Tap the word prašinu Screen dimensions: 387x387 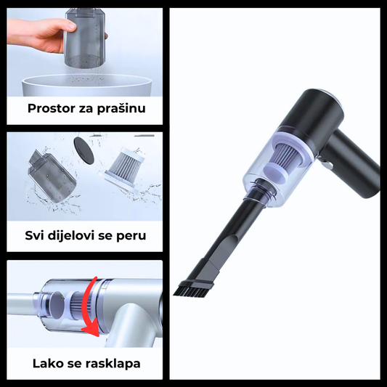(121, 108)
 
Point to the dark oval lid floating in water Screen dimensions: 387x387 (84, 151)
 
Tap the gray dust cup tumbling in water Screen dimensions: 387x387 (52, 176)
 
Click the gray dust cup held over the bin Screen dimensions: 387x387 (86, 38)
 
